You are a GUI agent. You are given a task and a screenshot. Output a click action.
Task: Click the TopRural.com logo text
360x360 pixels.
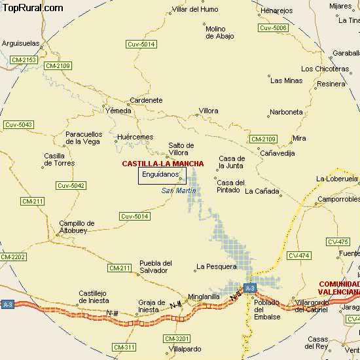coord(33,8)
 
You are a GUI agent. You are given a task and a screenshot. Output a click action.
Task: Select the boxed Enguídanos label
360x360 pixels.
coord(161,175)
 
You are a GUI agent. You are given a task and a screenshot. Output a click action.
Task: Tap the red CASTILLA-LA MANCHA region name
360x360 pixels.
coord(162,164)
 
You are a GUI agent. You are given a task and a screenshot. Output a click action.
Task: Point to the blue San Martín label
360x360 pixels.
coord(178,190)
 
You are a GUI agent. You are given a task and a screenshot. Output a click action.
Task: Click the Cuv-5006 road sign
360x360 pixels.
coord(273,28)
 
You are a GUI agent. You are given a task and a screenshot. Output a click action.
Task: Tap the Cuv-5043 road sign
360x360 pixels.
coord(18,124)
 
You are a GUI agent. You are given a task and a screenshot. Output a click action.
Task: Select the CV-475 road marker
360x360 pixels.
coord(338,242)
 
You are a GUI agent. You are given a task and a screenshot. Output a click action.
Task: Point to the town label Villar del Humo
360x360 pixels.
coord(194,10)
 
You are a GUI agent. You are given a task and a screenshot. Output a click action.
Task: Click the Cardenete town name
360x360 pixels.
coord(146,101)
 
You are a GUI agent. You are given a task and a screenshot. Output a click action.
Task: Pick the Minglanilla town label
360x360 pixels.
coord(204,297)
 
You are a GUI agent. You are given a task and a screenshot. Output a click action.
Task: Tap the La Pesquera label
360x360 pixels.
coord(216,266)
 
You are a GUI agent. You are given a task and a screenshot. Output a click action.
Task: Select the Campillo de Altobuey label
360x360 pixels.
coord(77,227)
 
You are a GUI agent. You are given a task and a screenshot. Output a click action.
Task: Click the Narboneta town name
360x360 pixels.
coord(286,112)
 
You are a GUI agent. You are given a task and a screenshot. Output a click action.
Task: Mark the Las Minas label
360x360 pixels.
coord(286,81)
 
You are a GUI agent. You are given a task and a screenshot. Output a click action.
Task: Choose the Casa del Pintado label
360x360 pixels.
coord(230,187)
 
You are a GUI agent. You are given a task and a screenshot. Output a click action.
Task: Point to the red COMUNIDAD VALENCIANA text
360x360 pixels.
coord(339,288)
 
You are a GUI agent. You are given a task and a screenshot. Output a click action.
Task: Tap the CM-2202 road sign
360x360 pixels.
coord(13,257)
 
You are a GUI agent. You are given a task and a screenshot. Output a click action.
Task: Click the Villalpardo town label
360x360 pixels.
coord(185,349)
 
